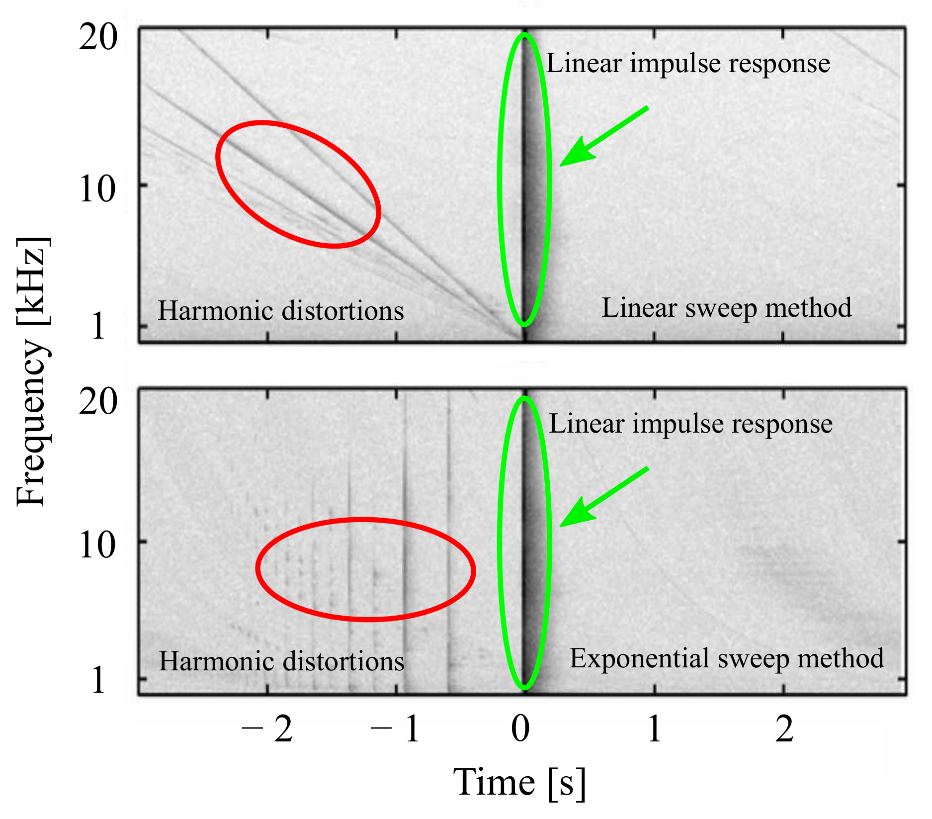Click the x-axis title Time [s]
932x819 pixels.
(x=519, y=782)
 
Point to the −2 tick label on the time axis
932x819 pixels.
(x=267, y=729)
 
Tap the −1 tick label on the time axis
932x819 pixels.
(x=396, y=729)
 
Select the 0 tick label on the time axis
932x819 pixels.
(x=520, y=729)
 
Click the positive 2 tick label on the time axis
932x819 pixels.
(x=784, y=729)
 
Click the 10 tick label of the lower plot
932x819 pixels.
(x=98, y=546)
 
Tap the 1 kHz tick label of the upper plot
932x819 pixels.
(x=98, y=326)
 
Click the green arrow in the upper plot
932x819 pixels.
(x=601, y=137)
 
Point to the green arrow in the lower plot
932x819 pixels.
(x=601, y=497)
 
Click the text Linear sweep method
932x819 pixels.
(x=726, y=308)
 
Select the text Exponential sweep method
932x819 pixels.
(x=726, y=658)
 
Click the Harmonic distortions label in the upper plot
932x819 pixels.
(x=281, y=311)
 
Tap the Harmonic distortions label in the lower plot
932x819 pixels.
(x=281, y=661)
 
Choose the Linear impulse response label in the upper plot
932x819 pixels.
(x=688, y=64)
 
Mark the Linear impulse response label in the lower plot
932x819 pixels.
(x=690, y=424)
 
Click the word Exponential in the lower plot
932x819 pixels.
(x=639, y=659)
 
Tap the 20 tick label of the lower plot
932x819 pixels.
(x=98, y=402)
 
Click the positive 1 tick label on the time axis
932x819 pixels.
(x=654, y=729)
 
